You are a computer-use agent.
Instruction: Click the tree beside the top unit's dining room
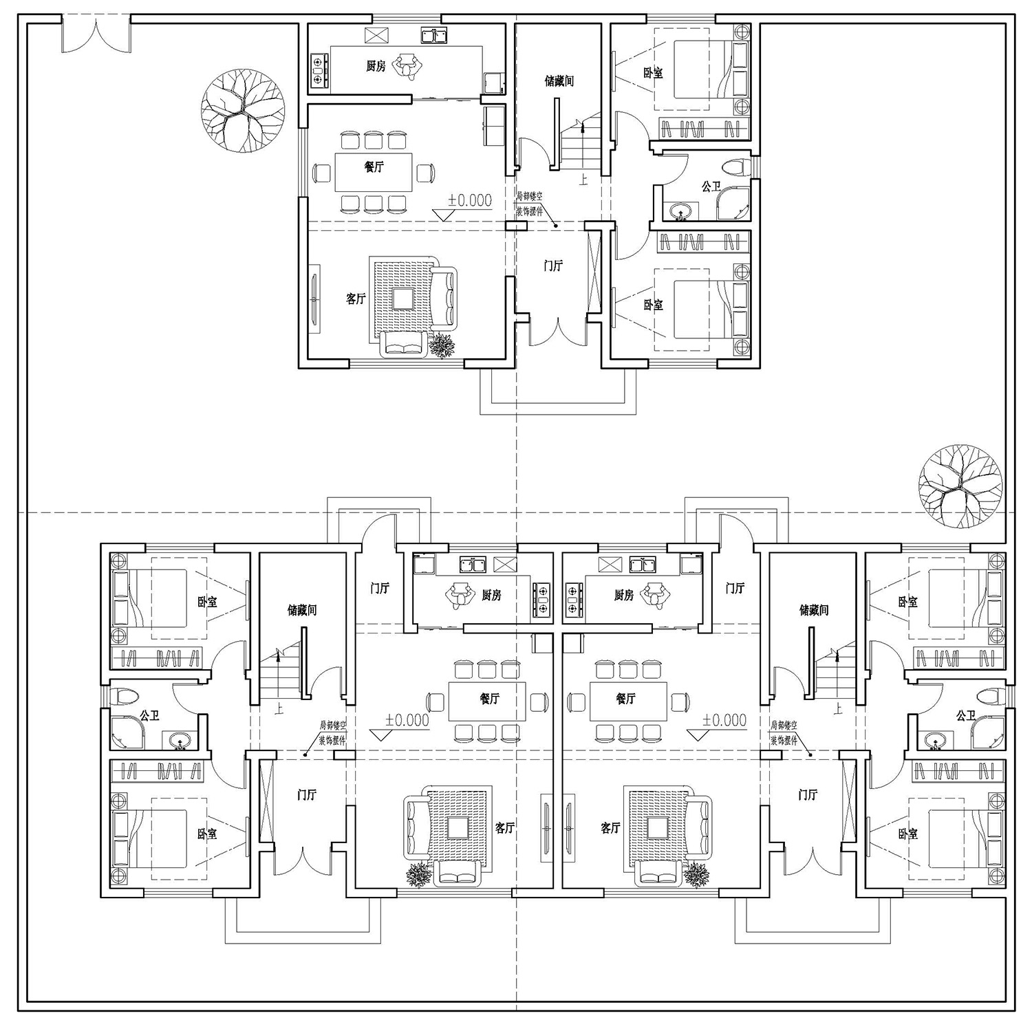tap(242, 111)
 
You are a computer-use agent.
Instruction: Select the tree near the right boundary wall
tap(960, 486)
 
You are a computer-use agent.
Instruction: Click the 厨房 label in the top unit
tap(376, 66)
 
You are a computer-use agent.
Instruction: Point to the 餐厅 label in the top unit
tap(374, 166)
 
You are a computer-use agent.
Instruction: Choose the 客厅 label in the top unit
tap(356, 298)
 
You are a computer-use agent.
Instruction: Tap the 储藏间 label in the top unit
tap(559, 81)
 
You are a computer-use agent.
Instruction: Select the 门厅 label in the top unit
tap(553, 265)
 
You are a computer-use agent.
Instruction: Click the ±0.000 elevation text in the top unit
tap(470, 200)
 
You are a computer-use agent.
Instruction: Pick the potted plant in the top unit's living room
tap(442, 345)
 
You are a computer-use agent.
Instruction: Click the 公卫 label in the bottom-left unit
tap(149, 716)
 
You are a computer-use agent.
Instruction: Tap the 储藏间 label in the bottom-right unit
tap(814, 610)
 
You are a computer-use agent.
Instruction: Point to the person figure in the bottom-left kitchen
tap(459, 595)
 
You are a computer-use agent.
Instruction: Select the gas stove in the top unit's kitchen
tap(318, 70)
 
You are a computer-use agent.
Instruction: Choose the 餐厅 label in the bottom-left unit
tap(489, 699)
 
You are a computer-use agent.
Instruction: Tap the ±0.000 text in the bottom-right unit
tap(724, 720)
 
